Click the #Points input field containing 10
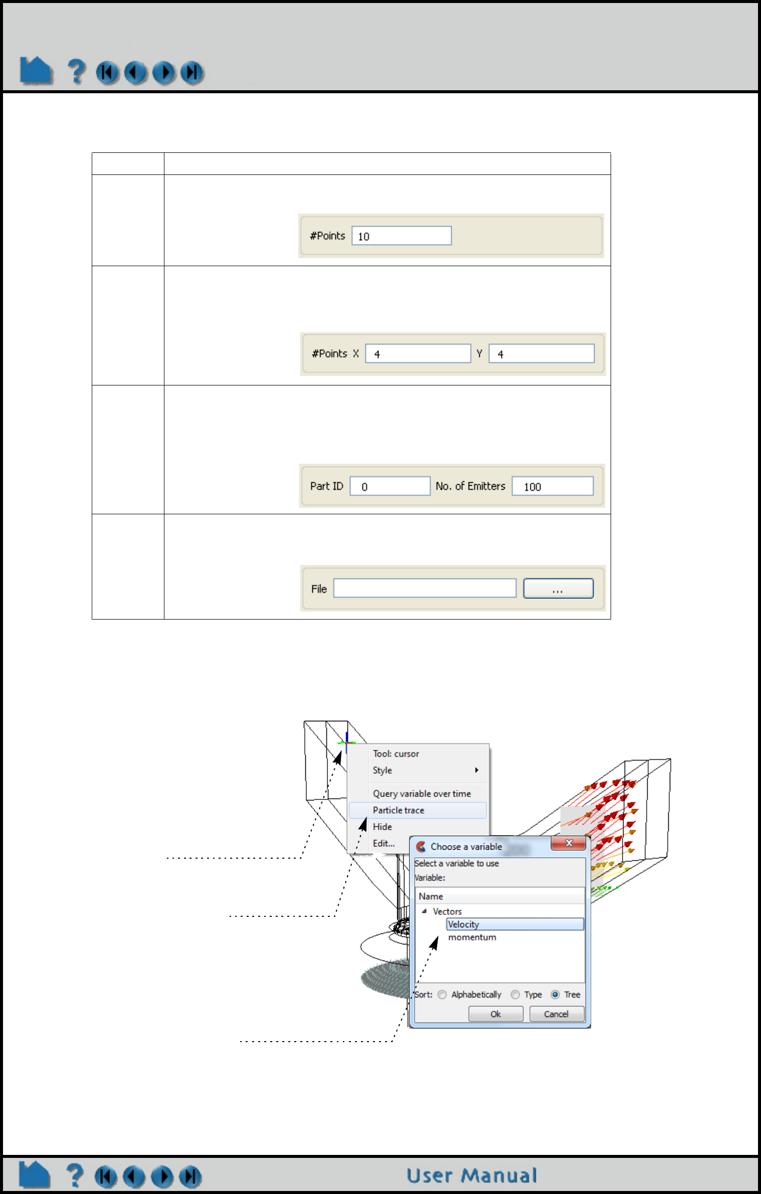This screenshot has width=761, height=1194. (x=401, y=236)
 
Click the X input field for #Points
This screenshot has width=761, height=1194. (x=418, y=353)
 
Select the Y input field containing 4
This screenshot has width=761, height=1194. (x=541, y=353)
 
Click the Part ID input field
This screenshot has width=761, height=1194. (x=390, y=486)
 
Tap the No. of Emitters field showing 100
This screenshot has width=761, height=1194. (x=552, y=486)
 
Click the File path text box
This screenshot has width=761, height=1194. (x=424, y=588)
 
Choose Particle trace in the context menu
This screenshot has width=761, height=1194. (x=398, y=810)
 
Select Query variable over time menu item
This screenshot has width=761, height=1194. (x=422, y=793)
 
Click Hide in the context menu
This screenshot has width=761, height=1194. (x=382, y=827)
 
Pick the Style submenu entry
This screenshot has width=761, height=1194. (x=383, y=770)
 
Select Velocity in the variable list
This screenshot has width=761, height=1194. (x=464, y=924)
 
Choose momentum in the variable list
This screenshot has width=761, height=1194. (x=472, y=937)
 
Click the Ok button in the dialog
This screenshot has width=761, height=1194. (x=495, y=1014)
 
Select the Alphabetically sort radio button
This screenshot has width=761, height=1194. (x=442, y=994)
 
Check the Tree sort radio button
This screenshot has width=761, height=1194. (x=555, y=994)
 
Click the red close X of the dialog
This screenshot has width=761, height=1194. (x=568, y=843)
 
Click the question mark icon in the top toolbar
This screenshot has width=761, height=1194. (x=76, y=72)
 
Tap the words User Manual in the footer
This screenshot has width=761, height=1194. (x=471, y=1175)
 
